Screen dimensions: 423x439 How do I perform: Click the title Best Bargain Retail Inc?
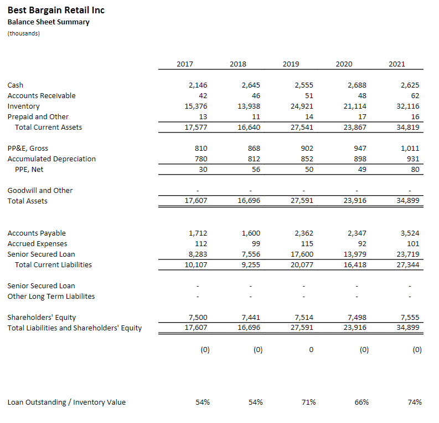pyautogui.click(x=56, y=10)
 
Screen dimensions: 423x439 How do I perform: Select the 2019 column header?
pyautogui.click(x=291, y=64)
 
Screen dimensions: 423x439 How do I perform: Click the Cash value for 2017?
pyautogui.click(x=198, y=85)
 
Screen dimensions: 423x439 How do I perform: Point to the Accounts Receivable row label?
pyautogui.click(x=42, y=95)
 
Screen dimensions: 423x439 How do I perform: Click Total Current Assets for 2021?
pyautogui.click(x=408, y=127)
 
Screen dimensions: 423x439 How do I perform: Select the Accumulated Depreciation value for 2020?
pyautogui.click(x=359, y=159)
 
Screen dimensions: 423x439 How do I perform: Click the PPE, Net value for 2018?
pyautogui.click(x=256, y=169)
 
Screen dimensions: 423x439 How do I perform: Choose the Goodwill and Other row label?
pyautogui.click(x=40, y=190)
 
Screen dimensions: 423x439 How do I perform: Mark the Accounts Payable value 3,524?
pyautogui.click(x=410, y=233)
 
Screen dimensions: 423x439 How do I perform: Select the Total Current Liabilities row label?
pyautogui.click(x=53, y=264)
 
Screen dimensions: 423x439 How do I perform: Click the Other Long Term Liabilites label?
pyautogui.click(x=51, y=296)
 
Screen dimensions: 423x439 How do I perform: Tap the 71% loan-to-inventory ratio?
pyautogui.click(x=308, y=402)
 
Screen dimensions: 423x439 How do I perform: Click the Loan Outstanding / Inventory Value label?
pyautogui.click(x=66, y=402)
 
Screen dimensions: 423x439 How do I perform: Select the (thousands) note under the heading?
pyautogui.click(x=24, y=33)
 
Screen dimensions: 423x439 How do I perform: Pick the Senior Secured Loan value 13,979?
pyautogui.click(x=355, y=254)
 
